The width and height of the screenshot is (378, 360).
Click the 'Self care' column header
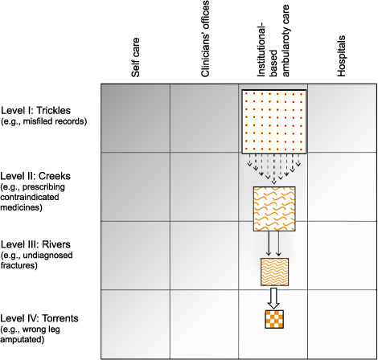(135, 57)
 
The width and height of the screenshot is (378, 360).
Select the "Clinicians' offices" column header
(205, 39)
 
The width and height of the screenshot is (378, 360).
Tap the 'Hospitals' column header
(341, 56)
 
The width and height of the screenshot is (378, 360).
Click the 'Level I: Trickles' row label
(36, 110)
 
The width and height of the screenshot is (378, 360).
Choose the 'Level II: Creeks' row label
(35, 176)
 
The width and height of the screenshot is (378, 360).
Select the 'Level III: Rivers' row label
(35, 244)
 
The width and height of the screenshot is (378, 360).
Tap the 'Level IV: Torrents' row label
(39, 318)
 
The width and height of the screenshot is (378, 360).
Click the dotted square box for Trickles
(274, 121)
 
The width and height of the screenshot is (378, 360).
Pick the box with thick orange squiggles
(274, 209)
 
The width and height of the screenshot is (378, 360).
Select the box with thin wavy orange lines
(274, 272)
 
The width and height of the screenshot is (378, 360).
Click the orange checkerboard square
(274, 319)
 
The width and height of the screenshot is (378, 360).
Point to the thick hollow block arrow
(273, 298)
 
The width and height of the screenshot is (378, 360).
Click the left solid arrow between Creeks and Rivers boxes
(269, 243)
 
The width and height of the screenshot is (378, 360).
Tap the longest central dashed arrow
(273, 169)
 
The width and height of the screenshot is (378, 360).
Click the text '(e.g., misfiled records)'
(44, 121)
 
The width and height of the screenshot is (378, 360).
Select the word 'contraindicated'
(30, 197)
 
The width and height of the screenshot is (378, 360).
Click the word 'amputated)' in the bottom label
(23, 339)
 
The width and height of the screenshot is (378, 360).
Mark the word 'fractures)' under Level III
(19, 265)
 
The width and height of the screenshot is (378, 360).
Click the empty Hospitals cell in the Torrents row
(342, 324)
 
